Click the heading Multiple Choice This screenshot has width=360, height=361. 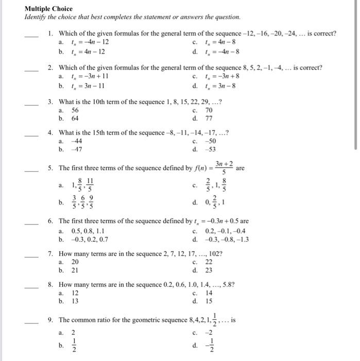pyautogui.click(x=49, y=9)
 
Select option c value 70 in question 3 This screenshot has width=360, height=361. pyautogui.click(x=209, y=110)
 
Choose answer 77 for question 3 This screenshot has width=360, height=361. pyautogui.click(x=209, y=118)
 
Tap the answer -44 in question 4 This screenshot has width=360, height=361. pyautogui.click(x=76, y=141)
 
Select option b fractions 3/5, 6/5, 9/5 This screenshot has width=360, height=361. pyautogui.click(x=78, y=200)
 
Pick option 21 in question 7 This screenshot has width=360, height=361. pyautogui.click(x=75, y=270)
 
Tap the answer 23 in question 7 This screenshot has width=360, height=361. pyautogui.click(x=209, y=270)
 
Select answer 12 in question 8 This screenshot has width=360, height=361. pyautogui.click(x=75, y=293)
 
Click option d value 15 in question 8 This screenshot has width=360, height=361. pyautogui.click(x=209, y=301)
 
